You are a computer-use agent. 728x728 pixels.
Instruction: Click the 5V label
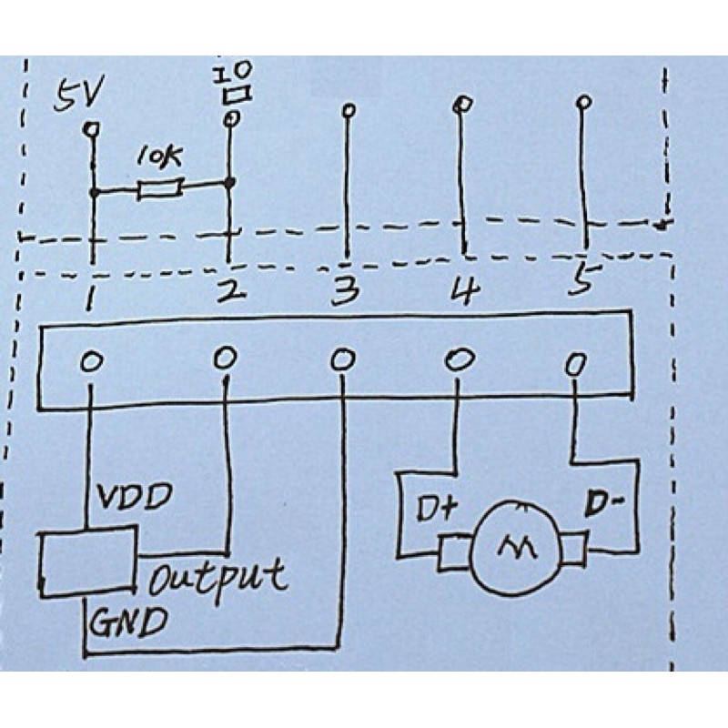click(78, 95)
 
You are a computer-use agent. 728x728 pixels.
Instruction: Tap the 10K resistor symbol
click(161, 189)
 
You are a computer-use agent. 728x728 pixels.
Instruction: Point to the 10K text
click(159, 157)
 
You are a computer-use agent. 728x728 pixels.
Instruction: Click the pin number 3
click(345, 291)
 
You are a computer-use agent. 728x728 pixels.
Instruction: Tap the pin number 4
click(466, 289)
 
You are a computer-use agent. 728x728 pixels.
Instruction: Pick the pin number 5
click(584, 278)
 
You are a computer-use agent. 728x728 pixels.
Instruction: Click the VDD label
click(134, 497)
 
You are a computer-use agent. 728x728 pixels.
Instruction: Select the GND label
click(127, 622)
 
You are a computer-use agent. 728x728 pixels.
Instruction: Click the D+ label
click(437, 509)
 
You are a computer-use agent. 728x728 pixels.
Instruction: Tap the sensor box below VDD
click(87, 561)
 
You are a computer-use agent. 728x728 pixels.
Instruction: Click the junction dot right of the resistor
click(229, 183)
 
